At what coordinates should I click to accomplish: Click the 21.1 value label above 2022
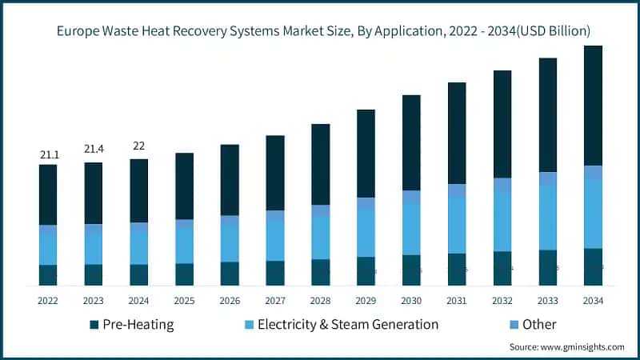pos(48,154)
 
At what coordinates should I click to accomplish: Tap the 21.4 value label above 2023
pos(94,150)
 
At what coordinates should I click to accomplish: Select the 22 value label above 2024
pos(139,145)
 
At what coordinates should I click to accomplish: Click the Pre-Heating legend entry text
pos(138,325)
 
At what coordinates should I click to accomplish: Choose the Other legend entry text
pos(539,325)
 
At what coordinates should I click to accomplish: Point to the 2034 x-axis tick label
pos(593,301)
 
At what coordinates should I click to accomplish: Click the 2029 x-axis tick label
pos(366,301)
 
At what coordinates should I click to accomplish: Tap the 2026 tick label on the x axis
pos(230,301)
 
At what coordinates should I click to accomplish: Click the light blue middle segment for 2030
pos(411,229)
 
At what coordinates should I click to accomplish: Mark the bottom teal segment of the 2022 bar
pos(48,275)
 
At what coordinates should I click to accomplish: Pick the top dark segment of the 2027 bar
pos(275,173)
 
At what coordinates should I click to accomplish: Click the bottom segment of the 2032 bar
pos(502,268)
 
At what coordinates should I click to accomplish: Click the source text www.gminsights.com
pos(582,347)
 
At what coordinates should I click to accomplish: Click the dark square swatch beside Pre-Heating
pos(95,325)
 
